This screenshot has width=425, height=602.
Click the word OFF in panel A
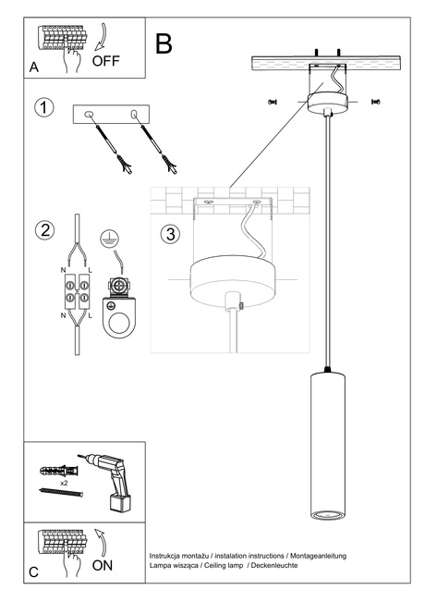tap(105, 62)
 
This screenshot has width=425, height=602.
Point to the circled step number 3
tap(169, 234)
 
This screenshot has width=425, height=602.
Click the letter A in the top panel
tap(34, 68)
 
